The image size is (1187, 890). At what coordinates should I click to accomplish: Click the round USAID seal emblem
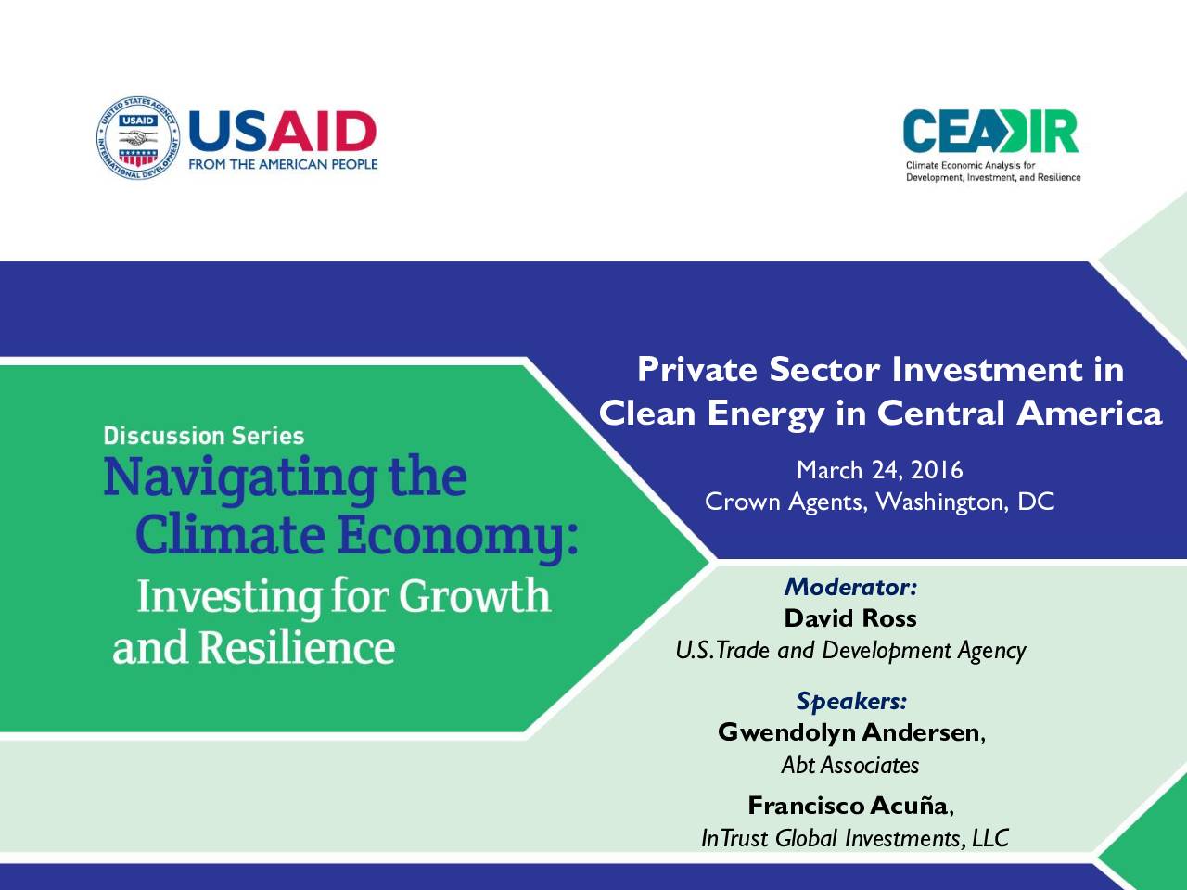click(138, 138)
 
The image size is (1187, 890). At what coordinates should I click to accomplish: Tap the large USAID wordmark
click(282, 132)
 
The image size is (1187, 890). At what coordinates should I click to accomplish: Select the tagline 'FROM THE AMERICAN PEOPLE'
click(283, 164)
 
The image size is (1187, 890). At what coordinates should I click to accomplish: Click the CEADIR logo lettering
click(990, 132)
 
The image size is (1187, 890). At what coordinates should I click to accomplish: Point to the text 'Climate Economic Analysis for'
click(971, 165)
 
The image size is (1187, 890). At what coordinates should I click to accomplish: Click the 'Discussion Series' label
click(204, 436)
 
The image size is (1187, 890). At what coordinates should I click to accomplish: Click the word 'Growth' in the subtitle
click(475, 595)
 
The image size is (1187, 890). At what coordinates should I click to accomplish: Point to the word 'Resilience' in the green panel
click(298, 647)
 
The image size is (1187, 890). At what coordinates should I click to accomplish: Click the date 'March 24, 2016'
click(880, 470)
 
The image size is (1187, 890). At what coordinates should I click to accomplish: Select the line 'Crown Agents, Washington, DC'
click(880, 502)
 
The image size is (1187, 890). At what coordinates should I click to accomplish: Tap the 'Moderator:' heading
click(850, 587)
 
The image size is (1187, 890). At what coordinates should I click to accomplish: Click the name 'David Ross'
click(850, 618)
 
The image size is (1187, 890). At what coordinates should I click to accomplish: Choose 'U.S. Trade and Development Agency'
click(850, 651)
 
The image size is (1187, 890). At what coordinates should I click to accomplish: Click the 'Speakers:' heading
click(851, 702)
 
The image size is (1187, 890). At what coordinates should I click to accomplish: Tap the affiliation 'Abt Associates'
click(850, 765)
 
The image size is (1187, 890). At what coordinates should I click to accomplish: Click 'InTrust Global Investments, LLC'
click(855, 838)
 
